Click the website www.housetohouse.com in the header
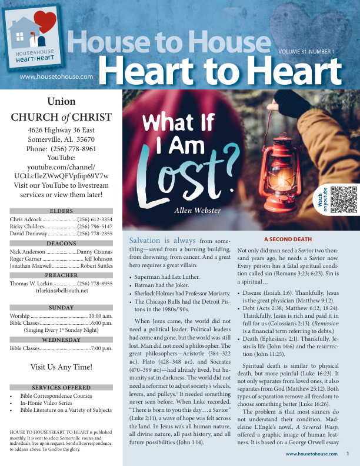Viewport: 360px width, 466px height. click(56, 76)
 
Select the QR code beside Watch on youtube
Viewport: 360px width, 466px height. click(344, 199)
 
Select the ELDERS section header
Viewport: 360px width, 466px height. click(61, 211)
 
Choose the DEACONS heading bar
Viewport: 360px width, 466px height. click(61, 243)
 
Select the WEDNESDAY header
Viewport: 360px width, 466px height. click(61, 339)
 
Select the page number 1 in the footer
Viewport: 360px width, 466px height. click(348, 454)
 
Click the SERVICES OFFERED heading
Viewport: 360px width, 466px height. click(61, 388)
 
